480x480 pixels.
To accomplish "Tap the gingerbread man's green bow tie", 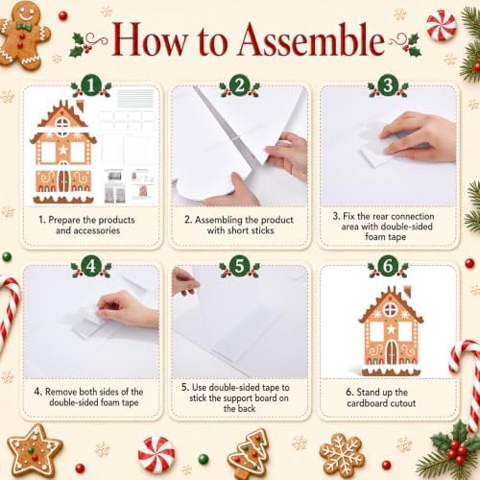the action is [24, 26].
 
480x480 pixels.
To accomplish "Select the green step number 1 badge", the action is [91, 85].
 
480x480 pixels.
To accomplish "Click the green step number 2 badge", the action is [240, 85].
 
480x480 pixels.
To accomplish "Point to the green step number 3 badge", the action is [388, 85].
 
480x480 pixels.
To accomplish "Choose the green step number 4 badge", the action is [91, 266].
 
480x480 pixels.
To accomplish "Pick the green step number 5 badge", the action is [240, 266].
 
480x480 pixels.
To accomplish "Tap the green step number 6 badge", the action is [388, 266].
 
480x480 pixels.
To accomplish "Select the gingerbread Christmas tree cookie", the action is [249, 454].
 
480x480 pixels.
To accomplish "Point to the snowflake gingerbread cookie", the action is [342, 455].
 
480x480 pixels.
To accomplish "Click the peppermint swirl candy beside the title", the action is [442, 25].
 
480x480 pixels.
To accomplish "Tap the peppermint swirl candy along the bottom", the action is [156, 455].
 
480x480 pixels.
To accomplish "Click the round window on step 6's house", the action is [391, 310].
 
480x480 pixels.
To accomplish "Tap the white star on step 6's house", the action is [391, 329].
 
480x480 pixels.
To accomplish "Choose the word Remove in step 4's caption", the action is [60, 392].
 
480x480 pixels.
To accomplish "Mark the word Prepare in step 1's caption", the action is [64, 221].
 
